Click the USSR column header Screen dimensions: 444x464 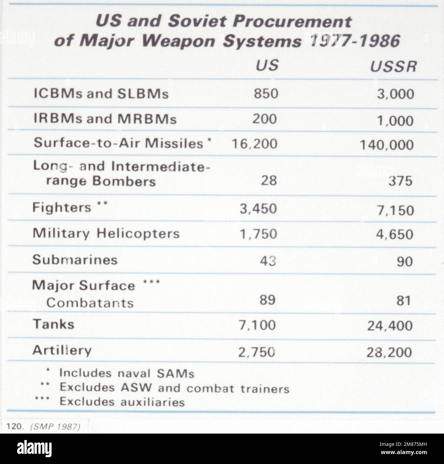tap(393, 67)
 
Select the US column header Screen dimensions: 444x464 tap(267, 65)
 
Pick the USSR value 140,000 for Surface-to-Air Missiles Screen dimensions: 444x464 tap(387, 145)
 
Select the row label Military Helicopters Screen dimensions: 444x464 tap(106, 234)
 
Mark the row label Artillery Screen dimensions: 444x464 tap(62, 350)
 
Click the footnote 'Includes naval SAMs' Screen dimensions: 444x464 tap(127, 373)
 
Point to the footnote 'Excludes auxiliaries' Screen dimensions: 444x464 tap(122, 402)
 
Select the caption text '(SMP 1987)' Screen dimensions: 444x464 tap(55, 428)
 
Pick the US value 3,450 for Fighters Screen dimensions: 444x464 tap(258, 208)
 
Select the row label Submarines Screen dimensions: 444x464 tap(75, 260)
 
